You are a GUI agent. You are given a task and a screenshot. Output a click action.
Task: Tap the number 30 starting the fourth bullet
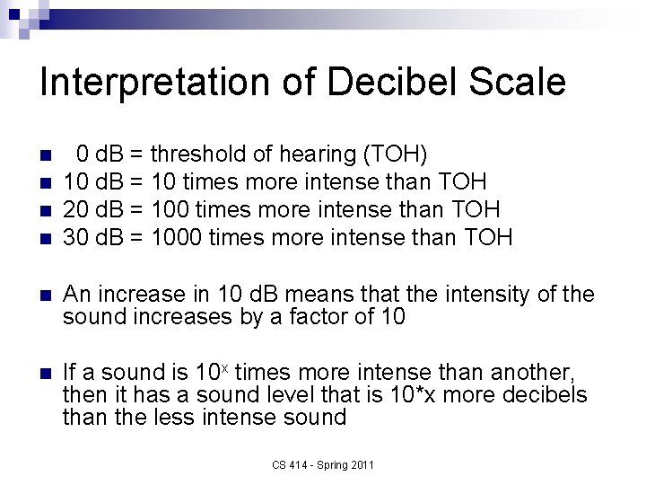click(x=74, y=237)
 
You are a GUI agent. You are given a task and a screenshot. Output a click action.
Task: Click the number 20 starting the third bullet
click(x=74, y=208)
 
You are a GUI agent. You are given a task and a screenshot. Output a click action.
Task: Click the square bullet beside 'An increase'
click(x=48, y=295)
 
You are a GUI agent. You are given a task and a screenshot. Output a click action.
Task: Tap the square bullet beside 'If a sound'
click(x=48, y=372)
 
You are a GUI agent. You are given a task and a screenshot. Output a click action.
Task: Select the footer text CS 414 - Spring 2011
click(x=323, y=464)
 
